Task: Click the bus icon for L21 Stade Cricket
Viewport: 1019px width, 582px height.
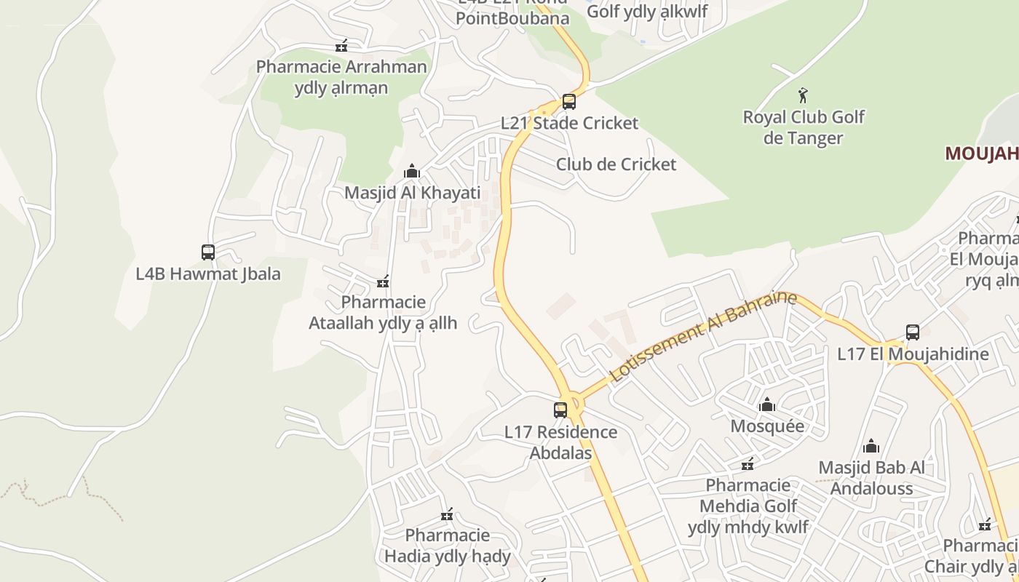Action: coord(569,102)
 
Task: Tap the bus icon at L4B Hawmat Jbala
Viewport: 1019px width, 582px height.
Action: coord(208,252)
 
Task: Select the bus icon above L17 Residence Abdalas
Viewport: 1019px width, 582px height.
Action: coord(560,410)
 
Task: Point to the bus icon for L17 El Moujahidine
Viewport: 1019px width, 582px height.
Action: coord(913,332)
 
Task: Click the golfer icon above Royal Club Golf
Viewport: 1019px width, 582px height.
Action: coord(804,95)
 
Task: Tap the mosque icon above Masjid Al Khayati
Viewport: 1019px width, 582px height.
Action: coord(412,171)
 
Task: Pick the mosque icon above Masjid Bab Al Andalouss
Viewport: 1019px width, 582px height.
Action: coord(871,446)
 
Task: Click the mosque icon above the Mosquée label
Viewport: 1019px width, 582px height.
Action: coord(766,404)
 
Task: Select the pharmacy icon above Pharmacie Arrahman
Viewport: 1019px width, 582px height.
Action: coord(341,46)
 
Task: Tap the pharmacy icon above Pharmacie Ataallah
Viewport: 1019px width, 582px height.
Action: coord(383,282)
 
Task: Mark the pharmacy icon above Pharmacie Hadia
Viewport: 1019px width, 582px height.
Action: coord(447,515)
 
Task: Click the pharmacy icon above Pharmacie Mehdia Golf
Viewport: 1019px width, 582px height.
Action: coord(748,464)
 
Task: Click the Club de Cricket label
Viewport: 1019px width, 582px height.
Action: coord(616,164)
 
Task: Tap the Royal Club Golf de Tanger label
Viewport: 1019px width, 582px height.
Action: coord(804,127)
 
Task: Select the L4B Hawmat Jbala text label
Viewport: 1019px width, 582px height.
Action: coord(208,274)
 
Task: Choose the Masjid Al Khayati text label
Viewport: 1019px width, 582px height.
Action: coord(412,193)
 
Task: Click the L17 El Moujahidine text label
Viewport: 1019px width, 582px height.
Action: coord(913,354)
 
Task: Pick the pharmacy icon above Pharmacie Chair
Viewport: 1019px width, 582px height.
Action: coord(985,525)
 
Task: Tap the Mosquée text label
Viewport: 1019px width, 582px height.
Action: coord(767,426)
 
